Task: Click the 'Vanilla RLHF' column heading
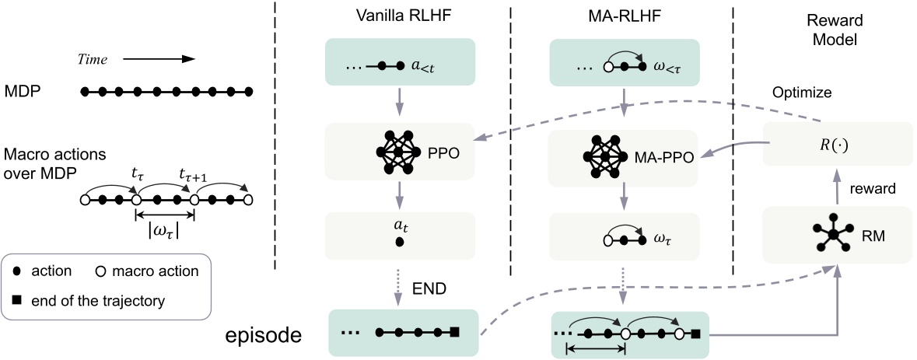[397, 16]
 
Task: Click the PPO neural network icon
[397, 152]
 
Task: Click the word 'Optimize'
[801, 92]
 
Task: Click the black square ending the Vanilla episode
[455, 334]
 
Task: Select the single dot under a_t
[399, 243]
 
